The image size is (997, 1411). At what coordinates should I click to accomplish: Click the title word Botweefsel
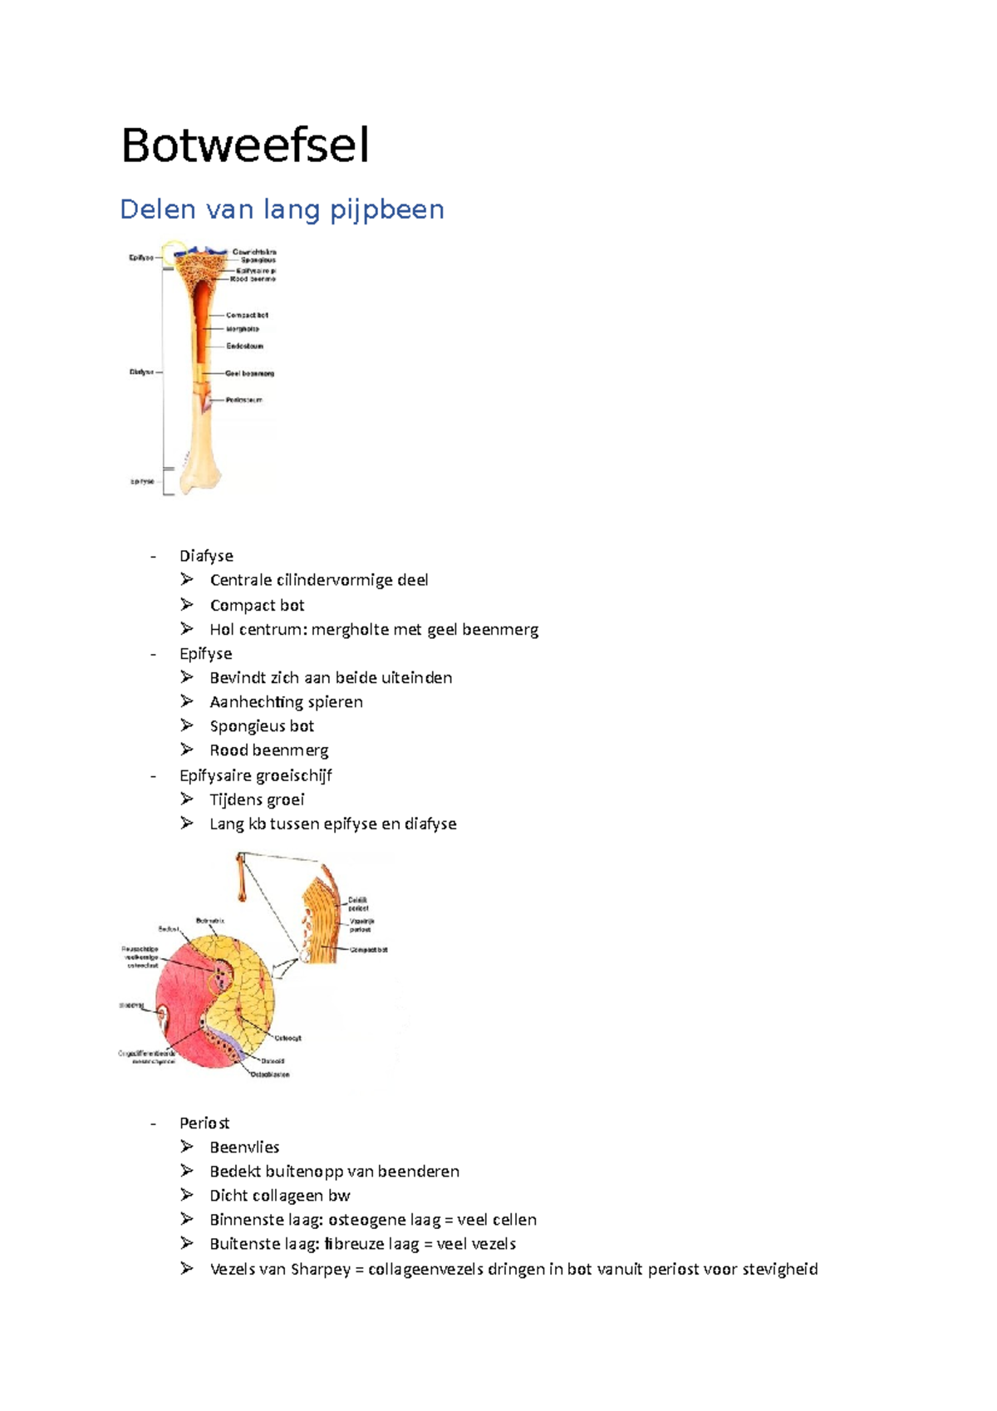(245, 146)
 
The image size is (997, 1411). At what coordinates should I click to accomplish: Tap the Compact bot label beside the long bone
(248, 316)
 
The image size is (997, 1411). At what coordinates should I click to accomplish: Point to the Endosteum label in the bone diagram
(245, 346)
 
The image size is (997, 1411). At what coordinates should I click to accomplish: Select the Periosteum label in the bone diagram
(244, 400)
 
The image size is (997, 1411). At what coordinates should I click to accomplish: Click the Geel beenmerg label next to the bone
(250, 374)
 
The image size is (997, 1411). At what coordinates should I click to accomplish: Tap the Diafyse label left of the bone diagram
(141, 372)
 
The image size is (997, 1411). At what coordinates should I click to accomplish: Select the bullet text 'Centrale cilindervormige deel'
(319, 580)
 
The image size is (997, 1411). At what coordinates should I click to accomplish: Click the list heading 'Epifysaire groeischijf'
(256, 775)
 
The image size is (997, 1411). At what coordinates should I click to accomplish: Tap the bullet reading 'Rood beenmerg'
(269, 750)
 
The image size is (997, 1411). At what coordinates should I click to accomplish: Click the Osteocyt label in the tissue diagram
(287, 1038)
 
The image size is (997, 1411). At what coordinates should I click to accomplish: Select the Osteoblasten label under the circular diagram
(270, 1074)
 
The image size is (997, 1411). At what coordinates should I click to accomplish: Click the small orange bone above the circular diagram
(242, 877)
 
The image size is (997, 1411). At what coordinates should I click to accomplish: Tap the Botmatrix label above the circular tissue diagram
(210, 921)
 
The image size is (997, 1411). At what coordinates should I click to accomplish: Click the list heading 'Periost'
(204, 1123)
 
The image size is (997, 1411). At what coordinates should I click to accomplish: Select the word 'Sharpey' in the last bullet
(320, 1269)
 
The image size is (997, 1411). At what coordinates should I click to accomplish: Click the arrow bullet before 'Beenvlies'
(187, 1147)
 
